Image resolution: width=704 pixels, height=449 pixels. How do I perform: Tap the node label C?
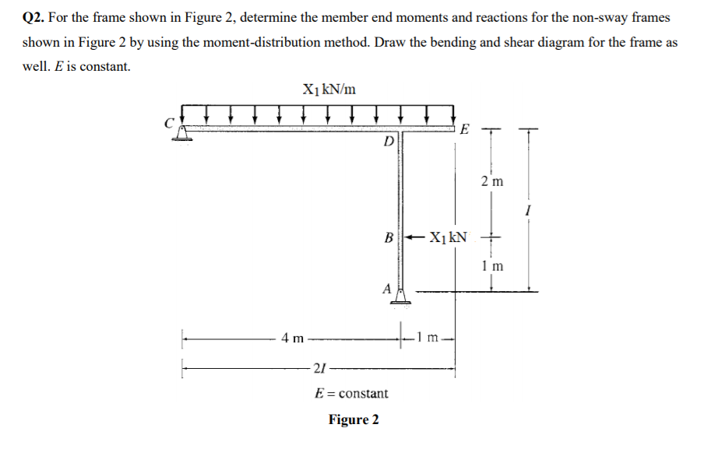click(166, 122)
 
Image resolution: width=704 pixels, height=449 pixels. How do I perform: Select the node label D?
click(388, 141)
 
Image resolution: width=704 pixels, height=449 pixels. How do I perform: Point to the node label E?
click(464, 128)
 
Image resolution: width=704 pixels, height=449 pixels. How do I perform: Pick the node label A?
click(386, 287)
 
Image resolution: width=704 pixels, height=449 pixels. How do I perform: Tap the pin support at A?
click(401, 295)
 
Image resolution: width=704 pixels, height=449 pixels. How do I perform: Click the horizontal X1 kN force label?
click(448, 237)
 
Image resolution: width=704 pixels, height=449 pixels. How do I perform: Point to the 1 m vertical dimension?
click(491, 265)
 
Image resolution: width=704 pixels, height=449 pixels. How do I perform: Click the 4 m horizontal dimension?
click(293, 338)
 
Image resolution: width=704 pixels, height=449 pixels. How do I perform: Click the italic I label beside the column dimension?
click(530, 210)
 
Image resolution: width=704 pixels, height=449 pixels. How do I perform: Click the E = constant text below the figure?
click(351, 393)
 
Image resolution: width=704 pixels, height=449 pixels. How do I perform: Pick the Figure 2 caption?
click(354, 420)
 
